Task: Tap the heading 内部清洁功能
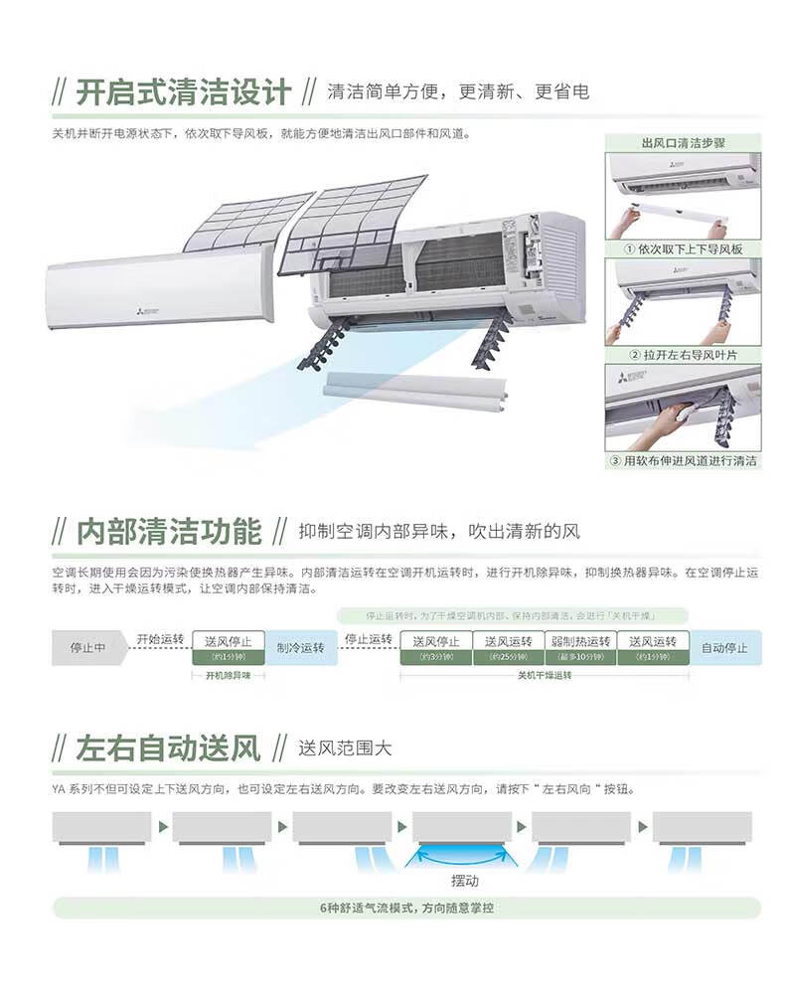click(170, 531)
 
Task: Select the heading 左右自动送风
click(169, 748)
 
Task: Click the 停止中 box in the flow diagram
click(88, 647)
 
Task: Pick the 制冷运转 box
click(301, 647)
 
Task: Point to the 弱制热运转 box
click(581, 647)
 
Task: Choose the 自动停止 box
click(723, 647)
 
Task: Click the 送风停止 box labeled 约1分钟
click(228, 647)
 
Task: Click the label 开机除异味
click(229, 676)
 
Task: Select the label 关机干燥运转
click(545, 676)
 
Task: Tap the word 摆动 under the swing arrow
click(464, 881)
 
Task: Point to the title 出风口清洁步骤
click(683, 143)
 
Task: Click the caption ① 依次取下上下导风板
click(683, 249)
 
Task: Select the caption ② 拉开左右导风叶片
click(683, 355)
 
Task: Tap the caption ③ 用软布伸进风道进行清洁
click(683, 461)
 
